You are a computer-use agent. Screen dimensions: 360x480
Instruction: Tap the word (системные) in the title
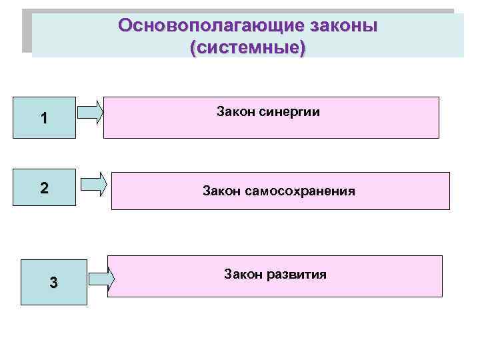247,48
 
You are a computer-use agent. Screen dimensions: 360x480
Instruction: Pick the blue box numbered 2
44,187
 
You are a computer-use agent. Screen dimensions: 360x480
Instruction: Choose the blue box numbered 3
53,282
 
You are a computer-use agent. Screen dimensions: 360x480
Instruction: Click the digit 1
44,119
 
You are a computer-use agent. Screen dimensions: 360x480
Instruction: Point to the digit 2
44,187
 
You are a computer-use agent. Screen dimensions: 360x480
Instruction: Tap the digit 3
53,283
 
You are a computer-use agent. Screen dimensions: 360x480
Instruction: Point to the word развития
295,273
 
